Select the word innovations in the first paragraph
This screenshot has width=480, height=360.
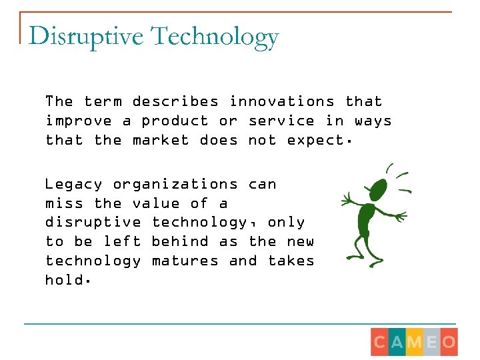click(x=282, y=102)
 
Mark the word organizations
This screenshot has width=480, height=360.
click(x=175, y=185)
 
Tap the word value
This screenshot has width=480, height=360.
click(x=156, y=203)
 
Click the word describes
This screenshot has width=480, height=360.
click(x=175, y=102)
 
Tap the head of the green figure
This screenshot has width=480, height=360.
click(x=379, y=186)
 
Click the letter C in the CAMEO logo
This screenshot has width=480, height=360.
click(x=379, y=342)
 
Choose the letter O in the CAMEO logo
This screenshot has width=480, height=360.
click(x=449, y=342)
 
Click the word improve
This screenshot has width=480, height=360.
click(x=79, y=121)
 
